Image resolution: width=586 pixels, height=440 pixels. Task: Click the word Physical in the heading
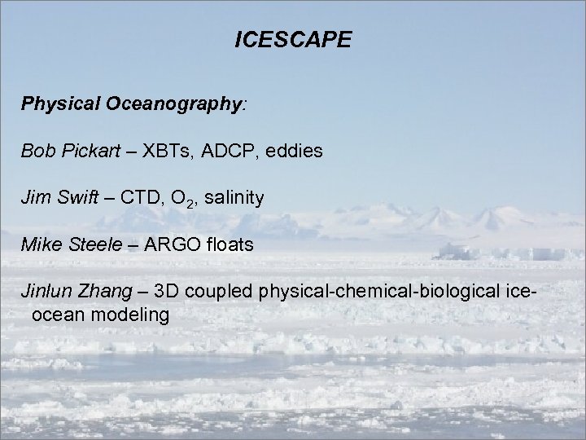(55, 105)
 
